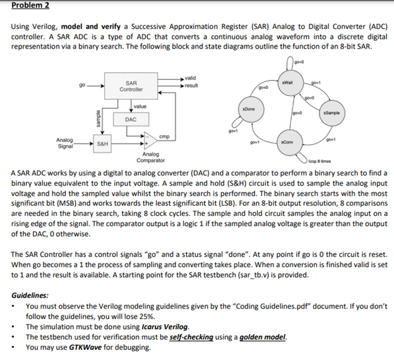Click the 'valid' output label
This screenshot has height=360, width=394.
(x=190, y=78)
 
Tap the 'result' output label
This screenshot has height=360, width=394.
(x=191, y=85)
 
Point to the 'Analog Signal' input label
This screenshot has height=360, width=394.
(x=64, y=142)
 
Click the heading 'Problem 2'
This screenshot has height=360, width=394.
(x=30, y=6)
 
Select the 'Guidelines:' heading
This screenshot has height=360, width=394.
(x=31, y=295)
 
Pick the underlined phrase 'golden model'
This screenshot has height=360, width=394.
(x=265, y=337)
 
